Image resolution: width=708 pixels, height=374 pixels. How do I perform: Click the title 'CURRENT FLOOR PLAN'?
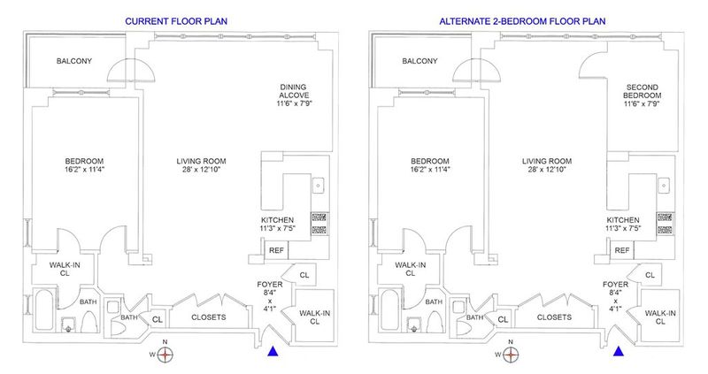coord(176,21)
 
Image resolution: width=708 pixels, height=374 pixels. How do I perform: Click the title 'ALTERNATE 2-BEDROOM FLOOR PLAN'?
coord(522,21)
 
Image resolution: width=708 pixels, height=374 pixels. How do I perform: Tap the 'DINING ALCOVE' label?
coord(293,91)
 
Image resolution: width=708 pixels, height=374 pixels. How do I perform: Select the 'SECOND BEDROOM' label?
coord(643,91)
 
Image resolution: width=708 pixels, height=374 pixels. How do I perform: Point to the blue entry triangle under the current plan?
coord(273,351)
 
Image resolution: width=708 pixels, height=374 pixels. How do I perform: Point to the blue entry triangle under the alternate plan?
coord(618,351)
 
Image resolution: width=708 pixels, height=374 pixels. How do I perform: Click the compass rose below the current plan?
coord(166,355)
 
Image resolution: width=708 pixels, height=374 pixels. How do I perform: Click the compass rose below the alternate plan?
coord(512,355)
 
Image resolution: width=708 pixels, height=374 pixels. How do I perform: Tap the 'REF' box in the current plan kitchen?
coord(276,250)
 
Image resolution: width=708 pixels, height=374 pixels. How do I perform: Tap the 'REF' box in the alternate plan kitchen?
coord(622,250)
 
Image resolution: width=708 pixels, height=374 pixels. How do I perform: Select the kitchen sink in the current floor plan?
coord(318,186)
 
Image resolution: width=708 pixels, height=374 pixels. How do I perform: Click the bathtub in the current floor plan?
coord(44,310)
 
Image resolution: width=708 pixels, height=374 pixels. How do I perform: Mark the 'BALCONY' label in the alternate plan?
coord(419,61)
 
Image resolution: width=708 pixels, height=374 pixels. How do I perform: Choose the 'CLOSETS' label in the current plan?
coord(209,317)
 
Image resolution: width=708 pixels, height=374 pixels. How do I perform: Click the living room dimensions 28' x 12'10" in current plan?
coord(201,170)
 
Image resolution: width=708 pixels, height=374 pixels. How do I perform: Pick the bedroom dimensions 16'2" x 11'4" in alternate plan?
coord(430,170)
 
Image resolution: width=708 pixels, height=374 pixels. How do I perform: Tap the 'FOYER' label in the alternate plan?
coord(615,285)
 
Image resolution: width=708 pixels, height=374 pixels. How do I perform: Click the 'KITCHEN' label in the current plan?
coord(277,220)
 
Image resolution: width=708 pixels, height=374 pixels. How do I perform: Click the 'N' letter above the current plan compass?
coord(165,342)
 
